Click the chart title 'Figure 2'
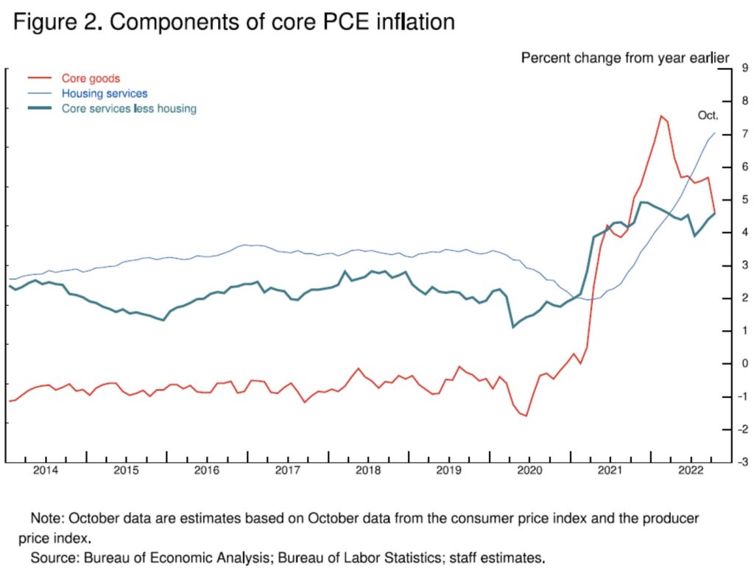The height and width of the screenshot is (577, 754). [x=233, y=22]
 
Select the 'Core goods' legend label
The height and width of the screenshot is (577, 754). [x=90, y=78]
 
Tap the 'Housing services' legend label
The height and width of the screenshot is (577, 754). [x=105, y=94]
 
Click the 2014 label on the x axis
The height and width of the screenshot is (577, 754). [x=46, y=470]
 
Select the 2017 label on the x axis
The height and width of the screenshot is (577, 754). [x=287, y=470]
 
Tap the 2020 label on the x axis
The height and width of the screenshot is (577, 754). [x=529, y=470]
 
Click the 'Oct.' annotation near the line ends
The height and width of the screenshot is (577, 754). [x=708, y=116]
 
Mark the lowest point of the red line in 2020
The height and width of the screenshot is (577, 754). [x=526, y=416]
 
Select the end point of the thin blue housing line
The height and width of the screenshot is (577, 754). [x=714, y=133]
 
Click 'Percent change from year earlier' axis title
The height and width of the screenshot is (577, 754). [x=625, y=57]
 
